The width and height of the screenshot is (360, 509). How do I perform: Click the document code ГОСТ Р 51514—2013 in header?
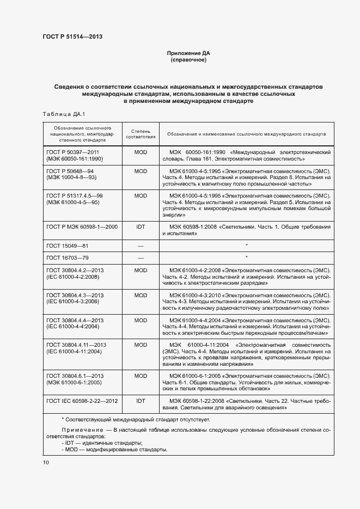pos(72,37)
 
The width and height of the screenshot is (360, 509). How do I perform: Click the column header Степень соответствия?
pos(141,134)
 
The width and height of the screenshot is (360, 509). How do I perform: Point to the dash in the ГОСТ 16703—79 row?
pos(141,257)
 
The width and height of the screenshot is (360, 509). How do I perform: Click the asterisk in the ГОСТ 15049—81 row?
pos(247,246)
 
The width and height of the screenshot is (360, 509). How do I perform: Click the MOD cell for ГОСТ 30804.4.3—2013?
pos(141,295)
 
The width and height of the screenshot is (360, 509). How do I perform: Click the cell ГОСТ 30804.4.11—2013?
pos(77,345)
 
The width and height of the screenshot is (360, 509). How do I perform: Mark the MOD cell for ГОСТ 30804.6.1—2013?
pos(141,376)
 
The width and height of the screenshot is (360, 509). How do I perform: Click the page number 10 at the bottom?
pos(46,462)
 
